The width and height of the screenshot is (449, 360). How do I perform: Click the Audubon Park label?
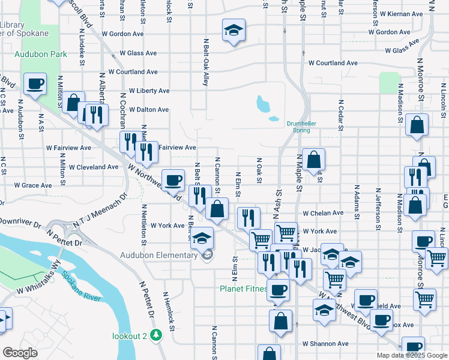[x=41, y=53]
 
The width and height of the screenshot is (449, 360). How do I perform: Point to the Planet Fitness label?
[x=242, y=288]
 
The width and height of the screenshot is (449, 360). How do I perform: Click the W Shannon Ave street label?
[x=325, y=344]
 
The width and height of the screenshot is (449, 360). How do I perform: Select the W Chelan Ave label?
[x=323, y=213]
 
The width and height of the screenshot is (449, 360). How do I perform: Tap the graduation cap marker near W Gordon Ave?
[x=233, y=30]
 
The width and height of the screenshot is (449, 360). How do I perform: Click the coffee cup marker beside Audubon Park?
[x=35, y=83]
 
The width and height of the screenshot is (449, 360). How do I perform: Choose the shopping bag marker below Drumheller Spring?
[x=313, y=160]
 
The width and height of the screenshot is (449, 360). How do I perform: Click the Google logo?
[x=20, y=353]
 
